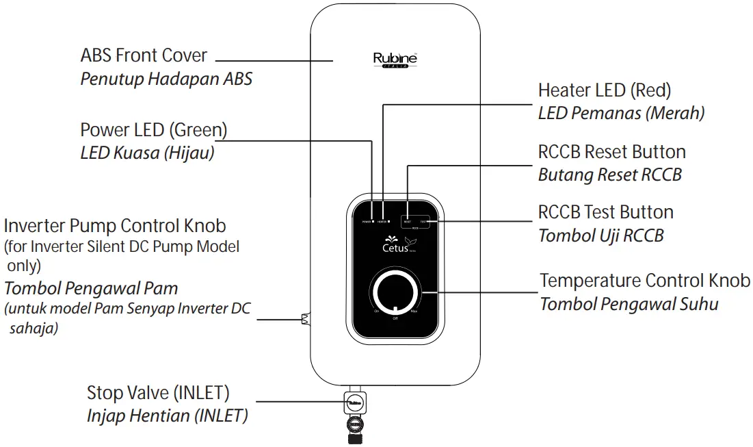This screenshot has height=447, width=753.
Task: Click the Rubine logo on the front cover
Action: point(395,60)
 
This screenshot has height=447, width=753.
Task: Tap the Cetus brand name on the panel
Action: point(396,246)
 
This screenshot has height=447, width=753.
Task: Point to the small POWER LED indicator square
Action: point(373,222)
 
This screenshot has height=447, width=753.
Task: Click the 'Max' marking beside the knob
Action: point(414,311)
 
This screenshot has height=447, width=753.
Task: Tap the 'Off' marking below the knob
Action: point(395,319)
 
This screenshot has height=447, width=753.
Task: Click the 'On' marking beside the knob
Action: point(376,311)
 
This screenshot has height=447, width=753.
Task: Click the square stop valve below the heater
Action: point(354,403)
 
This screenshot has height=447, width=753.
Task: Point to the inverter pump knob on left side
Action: point(305,318)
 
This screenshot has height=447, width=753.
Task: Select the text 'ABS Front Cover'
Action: point(144,55)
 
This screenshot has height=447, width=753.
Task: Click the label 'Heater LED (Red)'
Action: point(604,90)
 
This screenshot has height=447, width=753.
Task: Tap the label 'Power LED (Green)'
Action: point(153,129)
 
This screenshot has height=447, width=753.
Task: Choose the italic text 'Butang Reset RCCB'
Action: point(609,175)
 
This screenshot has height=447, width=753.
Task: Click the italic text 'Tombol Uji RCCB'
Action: point(600,235)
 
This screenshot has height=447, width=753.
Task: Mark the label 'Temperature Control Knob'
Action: point(644,281)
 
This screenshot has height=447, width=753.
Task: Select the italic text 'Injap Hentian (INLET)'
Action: point(167,416)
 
